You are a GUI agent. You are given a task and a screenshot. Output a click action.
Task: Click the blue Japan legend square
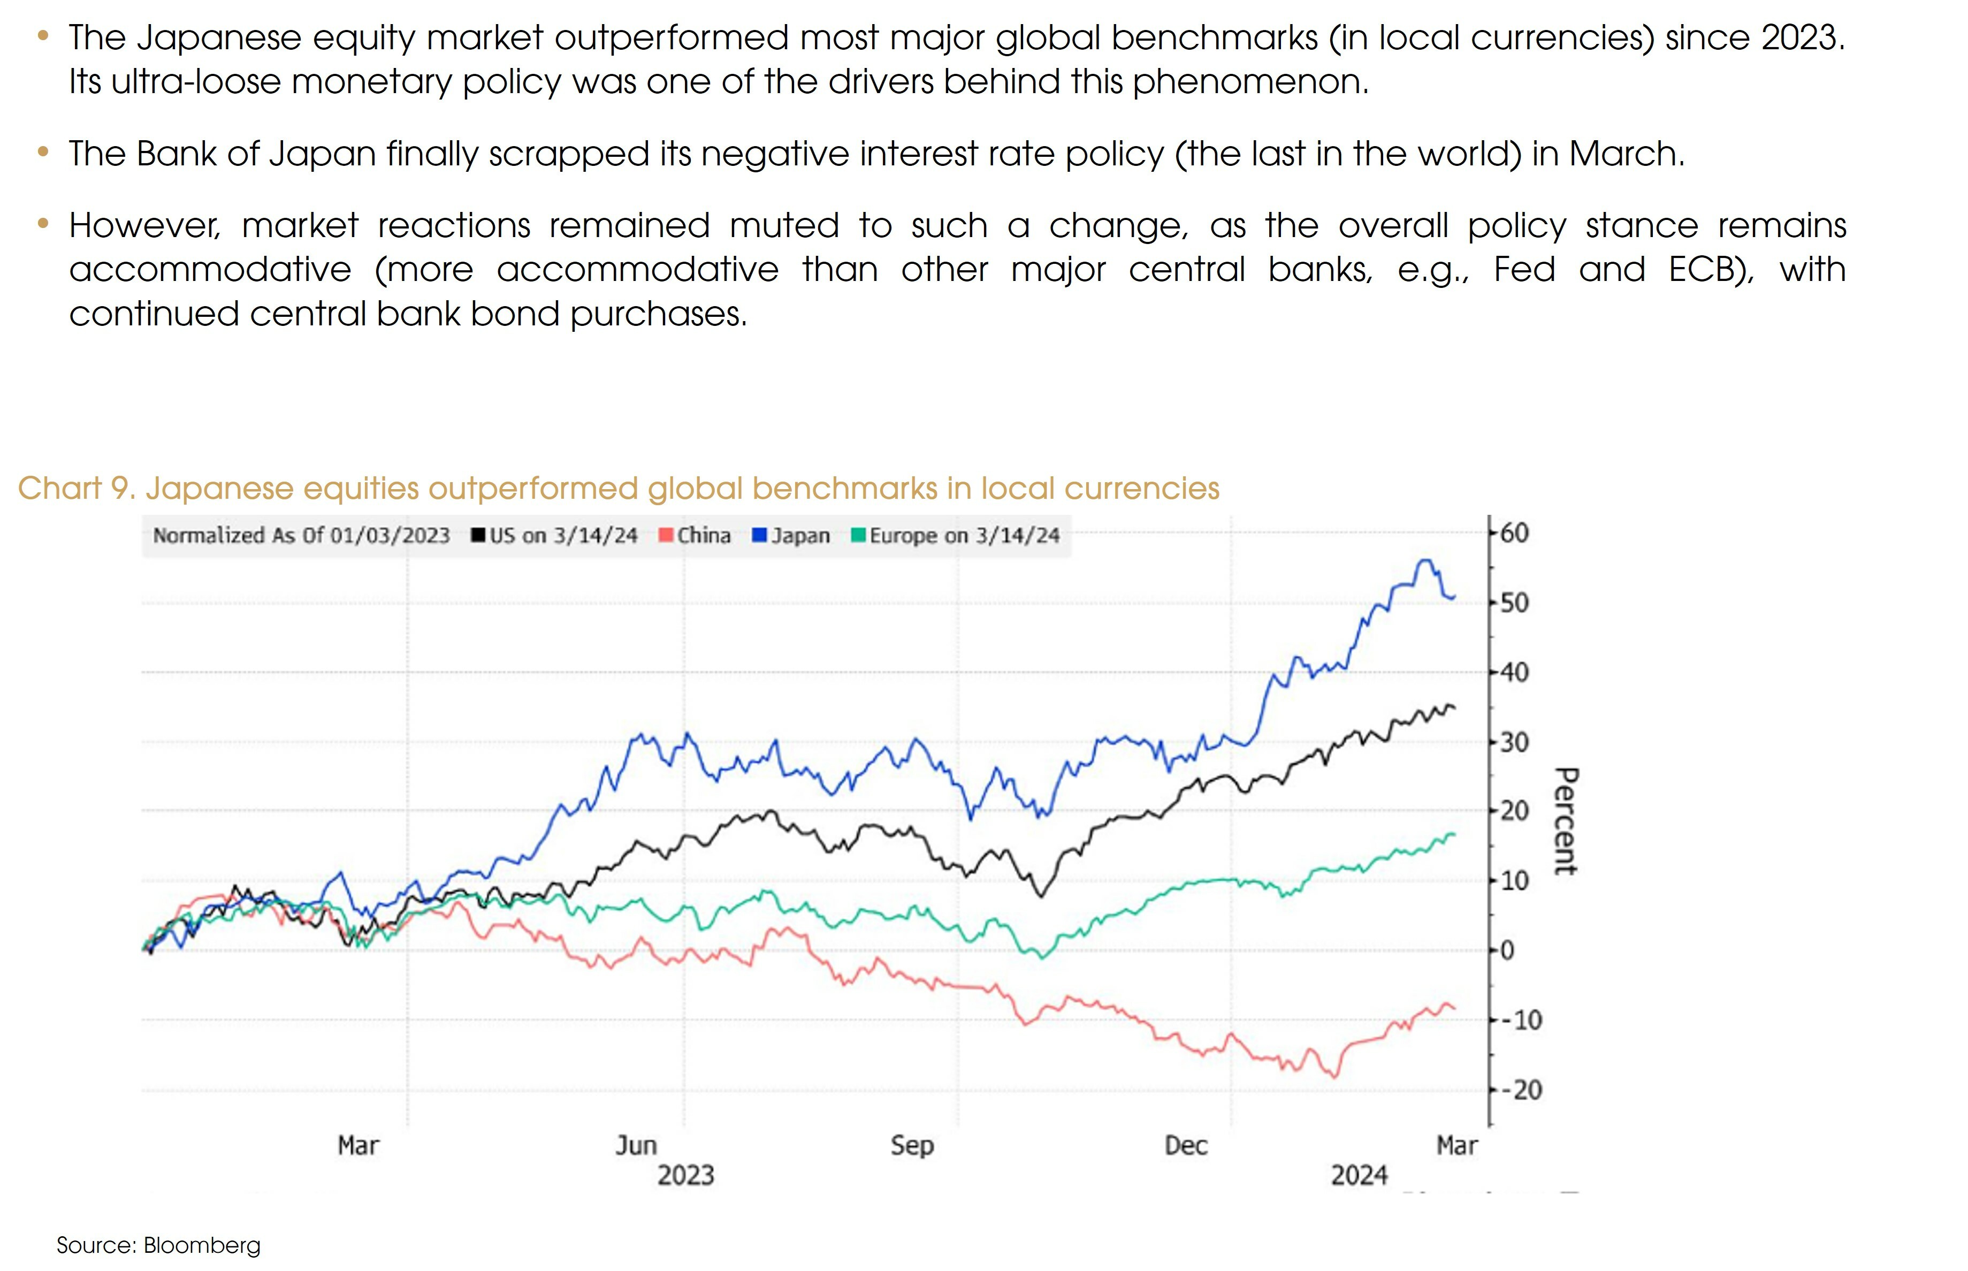click(x=760, y=536)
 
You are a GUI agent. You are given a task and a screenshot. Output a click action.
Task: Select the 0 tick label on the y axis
click(x=1507, y=951)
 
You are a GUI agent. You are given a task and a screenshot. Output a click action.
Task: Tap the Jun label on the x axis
click(x=636, y=1146)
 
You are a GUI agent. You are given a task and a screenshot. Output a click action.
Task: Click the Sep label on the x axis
click(x=912, y=1146)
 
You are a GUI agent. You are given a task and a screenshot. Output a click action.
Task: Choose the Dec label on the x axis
click(x=1186, y=1146)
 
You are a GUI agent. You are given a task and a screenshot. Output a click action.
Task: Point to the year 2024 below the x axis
click(x=1359, y=1175)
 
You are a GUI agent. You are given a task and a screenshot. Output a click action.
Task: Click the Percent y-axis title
click(x=1565, y=821)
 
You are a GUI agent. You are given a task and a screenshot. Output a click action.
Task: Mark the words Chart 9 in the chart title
click(x=76, y=489)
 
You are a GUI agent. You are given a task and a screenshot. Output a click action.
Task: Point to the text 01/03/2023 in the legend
click(x=390, y=536)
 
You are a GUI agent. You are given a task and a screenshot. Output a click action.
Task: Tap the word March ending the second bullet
click(x=1626, y=154)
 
